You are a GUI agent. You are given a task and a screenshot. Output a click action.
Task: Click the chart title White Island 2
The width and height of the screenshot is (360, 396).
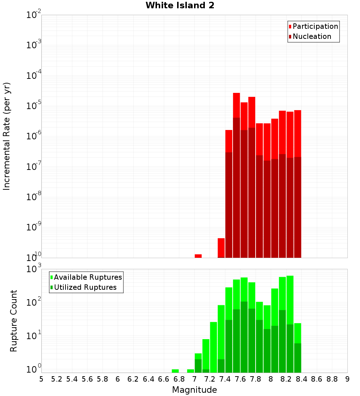[180, 6]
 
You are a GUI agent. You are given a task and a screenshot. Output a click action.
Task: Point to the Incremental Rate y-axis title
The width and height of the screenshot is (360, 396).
[7, 136]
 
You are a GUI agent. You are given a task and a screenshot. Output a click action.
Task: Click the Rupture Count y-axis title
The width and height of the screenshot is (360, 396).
[14, 321]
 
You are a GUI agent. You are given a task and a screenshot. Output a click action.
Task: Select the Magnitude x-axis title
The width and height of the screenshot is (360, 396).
[194, 390]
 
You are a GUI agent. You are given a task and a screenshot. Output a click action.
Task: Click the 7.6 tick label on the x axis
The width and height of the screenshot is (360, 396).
[240, 379]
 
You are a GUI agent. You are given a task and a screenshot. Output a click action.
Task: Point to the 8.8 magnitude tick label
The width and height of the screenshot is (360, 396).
[332, 379]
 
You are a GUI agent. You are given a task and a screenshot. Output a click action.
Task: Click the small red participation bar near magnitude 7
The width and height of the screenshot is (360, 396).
[198, 256]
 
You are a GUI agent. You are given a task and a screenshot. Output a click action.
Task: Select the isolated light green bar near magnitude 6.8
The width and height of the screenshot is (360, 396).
[175, 371]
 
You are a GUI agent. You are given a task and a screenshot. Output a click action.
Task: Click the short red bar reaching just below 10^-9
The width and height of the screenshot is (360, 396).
[221, 248]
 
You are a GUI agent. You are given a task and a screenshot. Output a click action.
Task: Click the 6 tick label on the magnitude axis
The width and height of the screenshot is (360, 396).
[118, 379]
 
